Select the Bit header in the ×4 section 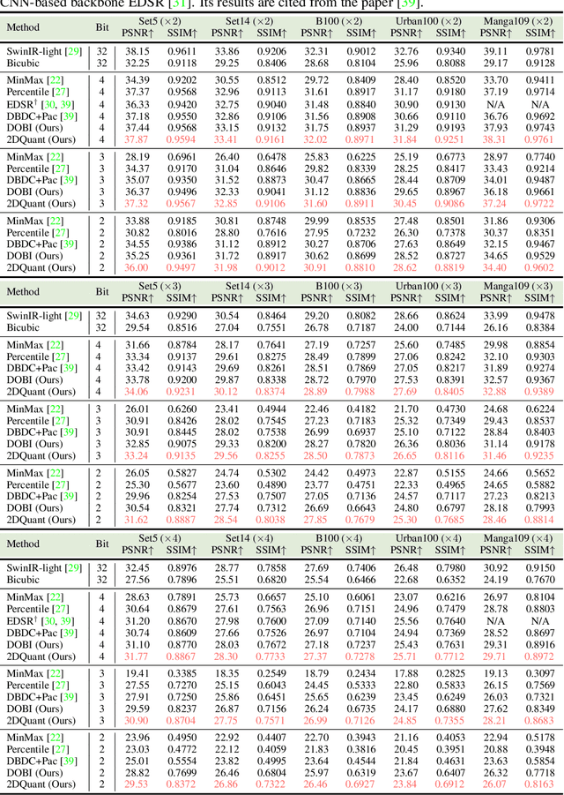(x=102, y=544)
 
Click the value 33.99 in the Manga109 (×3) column (x=496, y=315)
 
